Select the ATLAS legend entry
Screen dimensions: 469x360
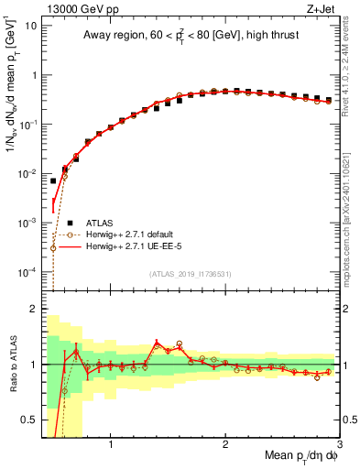pos(102,222)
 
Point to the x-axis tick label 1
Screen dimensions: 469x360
pos(111,446)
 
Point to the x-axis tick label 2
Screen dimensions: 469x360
pos(225,446)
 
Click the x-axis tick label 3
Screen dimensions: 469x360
pos(339,446)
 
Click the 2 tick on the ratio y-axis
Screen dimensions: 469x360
pos(34,309)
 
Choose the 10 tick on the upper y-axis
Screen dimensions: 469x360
pos(30,26)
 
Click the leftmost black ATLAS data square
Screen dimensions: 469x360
pos(53,180)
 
